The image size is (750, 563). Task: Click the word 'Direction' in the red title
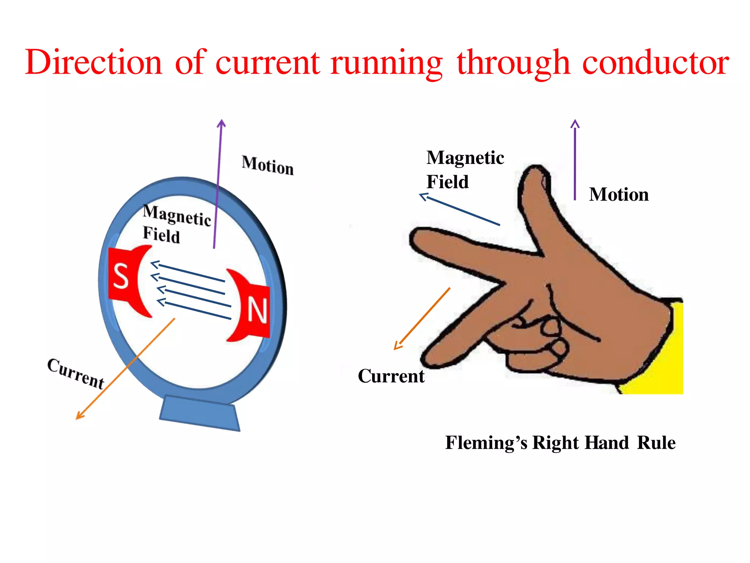pos(93,62)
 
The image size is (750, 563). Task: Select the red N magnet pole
pos(256,310)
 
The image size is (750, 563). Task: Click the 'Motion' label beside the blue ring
pos(268,166)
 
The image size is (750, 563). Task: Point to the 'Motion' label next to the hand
pos(619,194)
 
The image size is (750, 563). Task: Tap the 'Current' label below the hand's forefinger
pos(391,376)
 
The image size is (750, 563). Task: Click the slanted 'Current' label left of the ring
pos(76,373)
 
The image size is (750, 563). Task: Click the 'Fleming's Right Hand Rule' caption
pos(560,442)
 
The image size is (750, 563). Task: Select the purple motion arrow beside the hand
pos(575,161)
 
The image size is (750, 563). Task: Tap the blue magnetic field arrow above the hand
pos(460,209)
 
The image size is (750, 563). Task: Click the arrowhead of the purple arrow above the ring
pos(221,123)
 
